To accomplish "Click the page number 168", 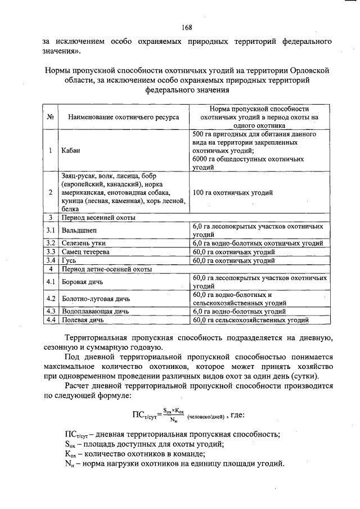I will tap(187, 28).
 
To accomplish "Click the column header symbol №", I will tap(50, 117).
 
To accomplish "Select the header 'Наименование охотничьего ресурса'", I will tap(123, 117).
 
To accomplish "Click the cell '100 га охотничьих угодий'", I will tap(233, 193).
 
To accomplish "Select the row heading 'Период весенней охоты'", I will tap(98, 217).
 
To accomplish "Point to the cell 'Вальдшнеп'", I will tap(79, 230).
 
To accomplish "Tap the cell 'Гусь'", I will tap(70, 260).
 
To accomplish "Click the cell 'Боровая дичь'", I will tap(84, 282).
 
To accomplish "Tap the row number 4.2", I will tap(50, 299).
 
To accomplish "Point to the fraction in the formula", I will tap(177, 416).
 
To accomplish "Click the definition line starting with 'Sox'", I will tap(144, 444).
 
